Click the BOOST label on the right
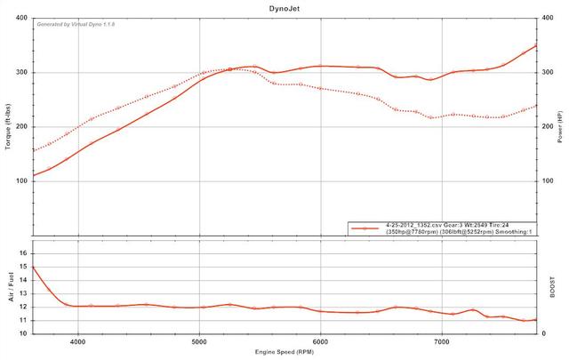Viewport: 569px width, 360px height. coord(554,292)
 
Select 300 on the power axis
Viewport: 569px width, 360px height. coord(549,72)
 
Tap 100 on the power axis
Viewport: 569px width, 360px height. coord(549,180)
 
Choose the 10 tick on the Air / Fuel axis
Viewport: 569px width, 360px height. coord(24,333)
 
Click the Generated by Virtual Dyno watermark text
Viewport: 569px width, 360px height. coord(76,24)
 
